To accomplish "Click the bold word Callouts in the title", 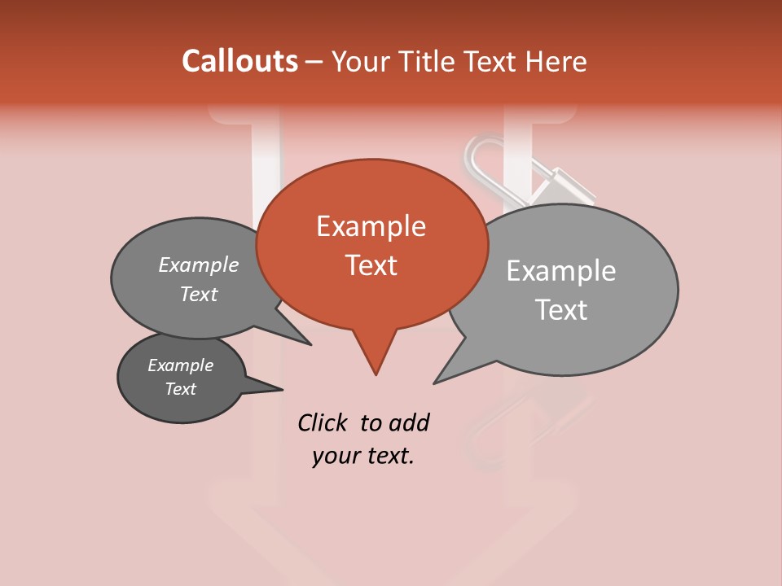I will point(239,61).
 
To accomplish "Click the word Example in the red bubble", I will point(371,226).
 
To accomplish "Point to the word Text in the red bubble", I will point(371,265).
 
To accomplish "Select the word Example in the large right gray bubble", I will point(560,271).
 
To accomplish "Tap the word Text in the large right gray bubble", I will point(560,310).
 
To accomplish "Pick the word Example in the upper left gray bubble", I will point(198,265).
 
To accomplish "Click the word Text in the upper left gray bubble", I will point(198,294).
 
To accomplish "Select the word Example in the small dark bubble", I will point(180,365).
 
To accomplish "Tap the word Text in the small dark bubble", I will point(180,389).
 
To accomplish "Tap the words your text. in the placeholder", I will point(362,456).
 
